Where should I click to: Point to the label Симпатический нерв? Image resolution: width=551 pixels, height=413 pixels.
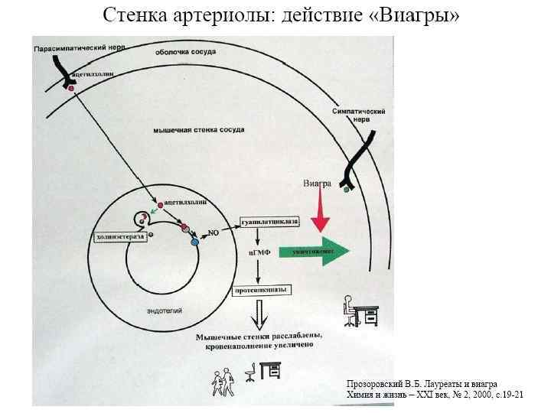(358, 115)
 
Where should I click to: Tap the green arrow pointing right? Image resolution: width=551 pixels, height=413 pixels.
(314, 251)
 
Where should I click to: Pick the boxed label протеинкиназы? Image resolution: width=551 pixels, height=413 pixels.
(260, 290)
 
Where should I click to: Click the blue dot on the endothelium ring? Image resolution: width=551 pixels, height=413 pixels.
(194, 242)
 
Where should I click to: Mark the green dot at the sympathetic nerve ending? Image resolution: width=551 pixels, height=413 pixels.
(347, 190)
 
